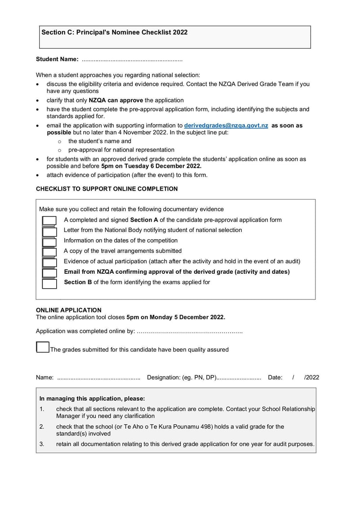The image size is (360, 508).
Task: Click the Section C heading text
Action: [x=114, y=32]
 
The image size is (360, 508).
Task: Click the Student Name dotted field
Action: [x=132, y=59]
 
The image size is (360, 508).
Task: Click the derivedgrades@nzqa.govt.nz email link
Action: [x=226, y=126]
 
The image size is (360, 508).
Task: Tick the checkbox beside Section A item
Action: [x=49, y=221]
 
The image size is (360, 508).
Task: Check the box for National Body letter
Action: [x=49, y=231]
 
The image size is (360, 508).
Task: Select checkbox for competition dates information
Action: [x=49, y=241]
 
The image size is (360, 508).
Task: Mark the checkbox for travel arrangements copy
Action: [x=49, y=252]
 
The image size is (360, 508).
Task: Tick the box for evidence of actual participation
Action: [x=49, y=262]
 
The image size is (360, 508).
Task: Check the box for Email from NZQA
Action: [x=49, y=273]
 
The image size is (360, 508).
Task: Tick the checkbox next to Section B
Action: [x=49, y=283]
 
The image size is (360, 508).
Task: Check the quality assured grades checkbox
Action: [x=43, y=347]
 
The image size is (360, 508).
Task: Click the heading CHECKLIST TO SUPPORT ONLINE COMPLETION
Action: [x=107, y=189]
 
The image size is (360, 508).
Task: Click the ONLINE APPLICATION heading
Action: [x=68, y=310]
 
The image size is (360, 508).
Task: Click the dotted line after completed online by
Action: [x=189, y=332]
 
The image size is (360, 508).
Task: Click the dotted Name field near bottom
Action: [x=99, y=378]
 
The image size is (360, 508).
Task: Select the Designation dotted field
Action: [x=239, y=378]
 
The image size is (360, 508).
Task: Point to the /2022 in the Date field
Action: [x=311, y=377]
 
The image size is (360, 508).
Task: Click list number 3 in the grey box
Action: [x=42, y=444]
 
